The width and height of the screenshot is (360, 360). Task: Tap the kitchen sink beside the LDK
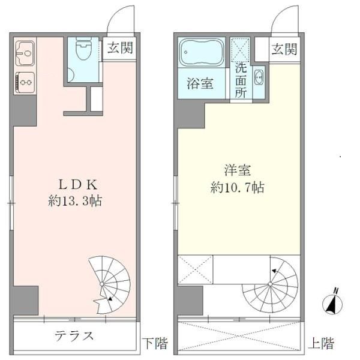[x=24, y=54]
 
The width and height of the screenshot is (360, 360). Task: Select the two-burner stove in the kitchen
[x=24, y=79]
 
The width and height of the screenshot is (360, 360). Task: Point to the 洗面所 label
[x=241, y=80]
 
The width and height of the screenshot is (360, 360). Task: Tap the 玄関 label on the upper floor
[x=283, y=49]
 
